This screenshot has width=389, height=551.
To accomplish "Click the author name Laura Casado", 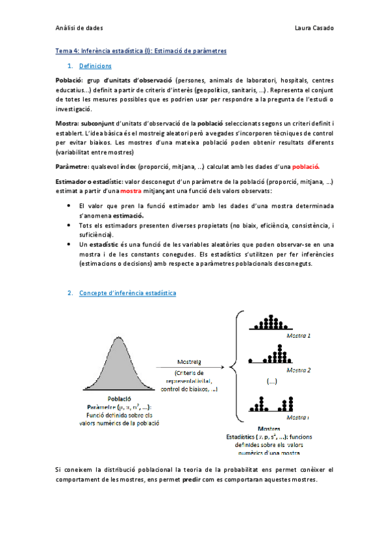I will click(x=314, y=29).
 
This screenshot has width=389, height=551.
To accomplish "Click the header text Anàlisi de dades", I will click(x=75, y=29).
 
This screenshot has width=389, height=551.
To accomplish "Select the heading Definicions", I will click(x=95, y=66).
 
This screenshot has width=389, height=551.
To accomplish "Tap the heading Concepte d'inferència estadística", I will click(x=127, y=293).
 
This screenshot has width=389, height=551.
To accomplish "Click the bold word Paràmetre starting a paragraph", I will click(x=72, y=166).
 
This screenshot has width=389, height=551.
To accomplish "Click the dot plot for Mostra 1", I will click(x=269, y=324).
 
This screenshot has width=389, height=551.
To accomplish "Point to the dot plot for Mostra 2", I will click(x=268, y=357).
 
